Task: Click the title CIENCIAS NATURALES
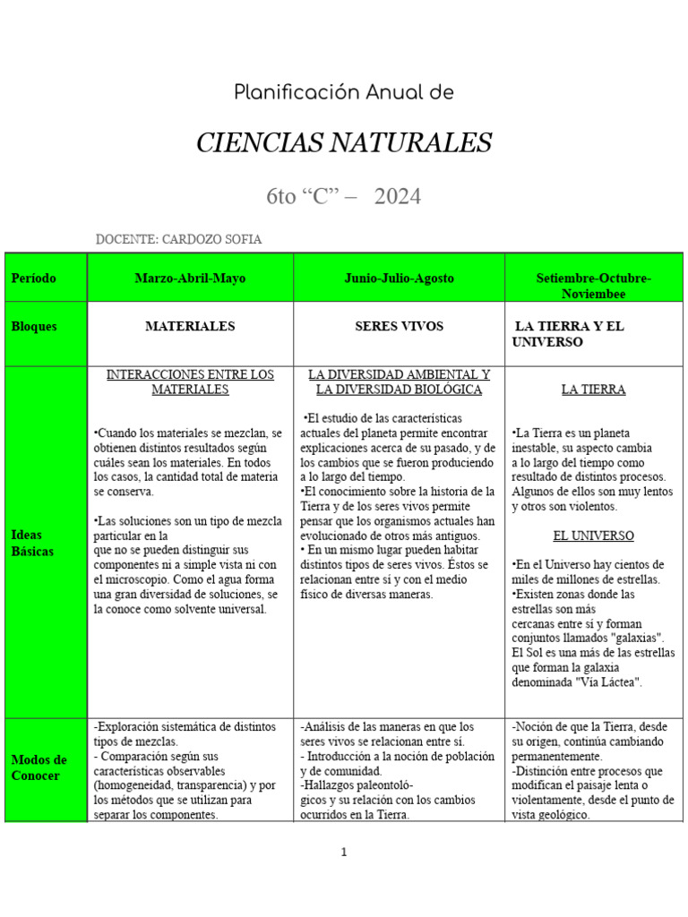click(x=344, y=141)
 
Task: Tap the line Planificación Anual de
click(x=344, y=92)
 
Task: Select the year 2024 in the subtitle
click(x=398, y=196)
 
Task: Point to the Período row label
click(x=34, y=279)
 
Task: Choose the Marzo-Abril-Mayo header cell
click(x=190, y=279)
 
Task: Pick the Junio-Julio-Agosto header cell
click(x=399, y=279)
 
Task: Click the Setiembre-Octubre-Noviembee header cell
click(x=593, y=286)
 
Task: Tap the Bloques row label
click(x=34, y=327)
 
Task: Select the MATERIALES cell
click(x=190, y=327)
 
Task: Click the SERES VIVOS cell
click(x=399, y=327)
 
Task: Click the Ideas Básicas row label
click(x=32, y=543)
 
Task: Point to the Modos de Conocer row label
click(x=39, y=767)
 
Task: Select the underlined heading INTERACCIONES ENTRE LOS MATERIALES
click(x=190, y=382)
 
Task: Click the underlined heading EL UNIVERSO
click(x=593, y=536)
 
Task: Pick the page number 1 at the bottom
click(x=344, y=853)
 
